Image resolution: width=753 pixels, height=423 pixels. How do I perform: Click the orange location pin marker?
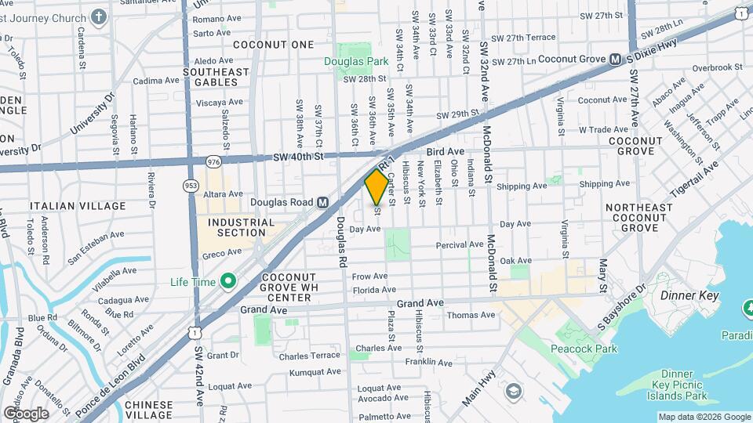(x=376, y=186)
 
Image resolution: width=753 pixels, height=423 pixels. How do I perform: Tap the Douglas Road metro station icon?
(x=322, y=202)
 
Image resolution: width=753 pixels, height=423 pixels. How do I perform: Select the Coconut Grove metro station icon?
(x=616, y=59)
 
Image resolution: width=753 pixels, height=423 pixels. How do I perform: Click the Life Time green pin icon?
(x=229, y=280)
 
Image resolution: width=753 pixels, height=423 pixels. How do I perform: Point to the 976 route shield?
(x=213, y=161)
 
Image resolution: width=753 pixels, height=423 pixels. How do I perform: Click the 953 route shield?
(x=190, y=186)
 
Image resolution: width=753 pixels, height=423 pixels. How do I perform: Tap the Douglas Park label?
(x=357, y=61)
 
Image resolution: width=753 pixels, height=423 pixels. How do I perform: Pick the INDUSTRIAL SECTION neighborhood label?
(x=242, y=227)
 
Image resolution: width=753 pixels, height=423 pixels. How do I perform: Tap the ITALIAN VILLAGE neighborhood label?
(x=78, y=206)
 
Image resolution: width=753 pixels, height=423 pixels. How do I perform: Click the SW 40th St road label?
(x=299, y=157)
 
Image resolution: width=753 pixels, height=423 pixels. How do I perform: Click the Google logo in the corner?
(x=26, y=413)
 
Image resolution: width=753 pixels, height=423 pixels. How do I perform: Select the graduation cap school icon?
(x=513, y=390)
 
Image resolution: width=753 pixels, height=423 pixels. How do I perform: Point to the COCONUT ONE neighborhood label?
(x=273, y=45)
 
